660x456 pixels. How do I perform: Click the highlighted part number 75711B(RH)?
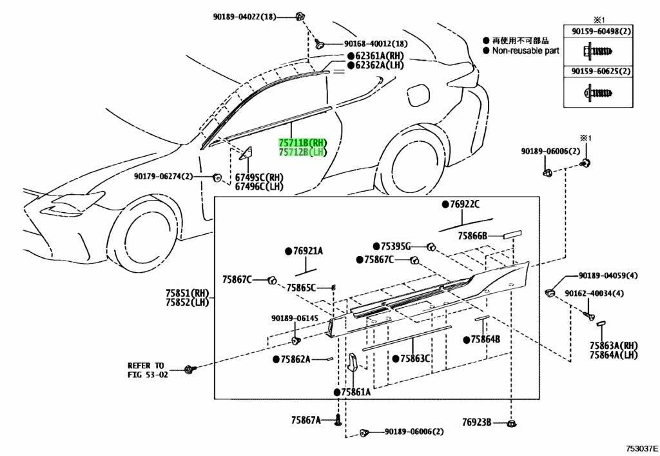click(x=302, y=143)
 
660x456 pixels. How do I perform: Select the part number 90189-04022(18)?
click(x=244, y=17)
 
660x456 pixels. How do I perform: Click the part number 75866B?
click(x=472, y=236)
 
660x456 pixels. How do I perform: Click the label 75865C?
click(x=301, y=288)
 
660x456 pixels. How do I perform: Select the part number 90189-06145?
click(x=295, y=319)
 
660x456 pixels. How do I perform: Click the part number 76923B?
click(x=476, y=421)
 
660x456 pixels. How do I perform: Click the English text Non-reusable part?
click(x=526, y=50)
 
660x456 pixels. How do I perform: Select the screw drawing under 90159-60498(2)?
click(x=597, y=52)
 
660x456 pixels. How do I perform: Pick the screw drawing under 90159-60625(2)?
click(x=597, y=92)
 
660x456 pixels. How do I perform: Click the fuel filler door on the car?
click(x=418, y=96)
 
